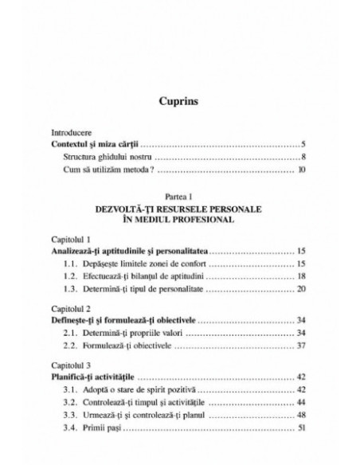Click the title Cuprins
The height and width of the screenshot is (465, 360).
click(x=179, y=102)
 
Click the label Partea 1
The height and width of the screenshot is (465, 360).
click(x=179, y=196)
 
